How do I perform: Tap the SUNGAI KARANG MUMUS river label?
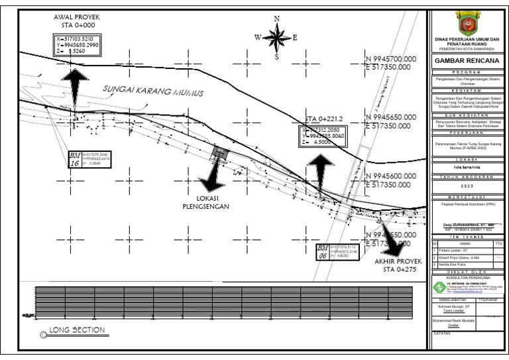pyautogui.click(x=152, y=91)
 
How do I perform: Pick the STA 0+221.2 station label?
pyautogui.click(x=323, y=119)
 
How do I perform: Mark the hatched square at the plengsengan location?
pyautogui.click(x=219, y=154)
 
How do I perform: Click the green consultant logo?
pyautogui.click(x=438, y=287)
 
